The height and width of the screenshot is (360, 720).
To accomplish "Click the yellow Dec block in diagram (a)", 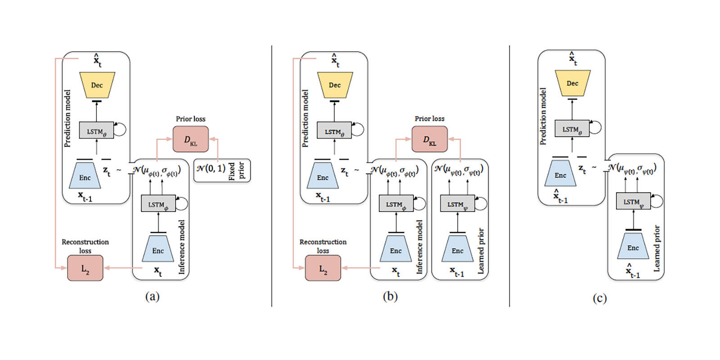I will (97, 85).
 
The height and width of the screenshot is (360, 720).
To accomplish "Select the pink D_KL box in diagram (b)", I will (430, 139).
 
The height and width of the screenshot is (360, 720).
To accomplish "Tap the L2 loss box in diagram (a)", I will (85, 268).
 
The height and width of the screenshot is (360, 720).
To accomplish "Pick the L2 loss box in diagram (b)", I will (323, 268).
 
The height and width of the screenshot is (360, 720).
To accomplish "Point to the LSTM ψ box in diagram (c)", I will (633, 202).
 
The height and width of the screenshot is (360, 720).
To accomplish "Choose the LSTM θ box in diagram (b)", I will (334, 131).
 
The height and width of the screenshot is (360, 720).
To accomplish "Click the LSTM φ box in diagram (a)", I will (158, 204).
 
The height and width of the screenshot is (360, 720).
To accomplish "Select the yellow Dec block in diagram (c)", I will (572, 83).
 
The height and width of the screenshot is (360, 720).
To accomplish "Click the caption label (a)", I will (152, 296).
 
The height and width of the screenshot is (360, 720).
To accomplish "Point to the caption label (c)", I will (599, 298).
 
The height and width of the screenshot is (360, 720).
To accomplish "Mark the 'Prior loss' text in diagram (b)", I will (429, 119).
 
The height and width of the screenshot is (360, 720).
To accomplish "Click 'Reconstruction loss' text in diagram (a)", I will (85, 246).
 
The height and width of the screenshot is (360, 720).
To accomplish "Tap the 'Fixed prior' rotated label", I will (236, 171).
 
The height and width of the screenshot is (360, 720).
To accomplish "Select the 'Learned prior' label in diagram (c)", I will (657, 248).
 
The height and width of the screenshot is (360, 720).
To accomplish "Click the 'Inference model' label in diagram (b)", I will (419, 247).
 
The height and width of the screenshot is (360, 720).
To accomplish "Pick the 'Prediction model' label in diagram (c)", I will (543, 116).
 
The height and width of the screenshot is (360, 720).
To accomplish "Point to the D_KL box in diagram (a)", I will (191, 139).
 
